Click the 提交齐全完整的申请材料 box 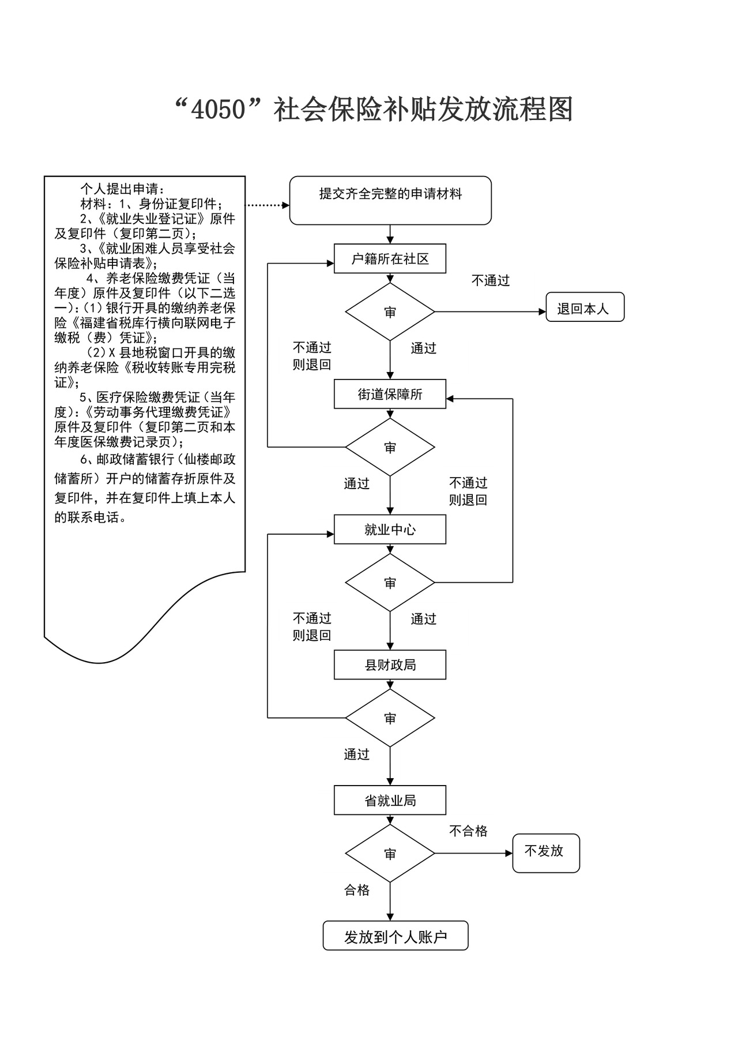(390, 200)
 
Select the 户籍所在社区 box (390, 259)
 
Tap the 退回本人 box (585, 307)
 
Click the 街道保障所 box (390, 394)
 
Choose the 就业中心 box (390, 529)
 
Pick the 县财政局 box (390, 665)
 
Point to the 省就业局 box (390, 800)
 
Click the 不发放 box (545, 853)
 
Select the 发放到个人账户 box (396, 936)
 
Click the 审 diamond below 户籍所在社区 (390, 312)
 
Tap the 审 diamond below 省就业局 (390, 854)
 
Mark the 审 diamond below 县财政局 (390, 718)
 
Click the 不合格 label (468, 831)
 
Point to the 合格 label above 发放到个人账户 (357, 890)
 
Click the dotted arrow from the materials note (268, 205)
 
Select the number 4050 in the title (219, 110)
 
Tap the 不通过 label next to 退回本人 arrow (491, 281)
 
